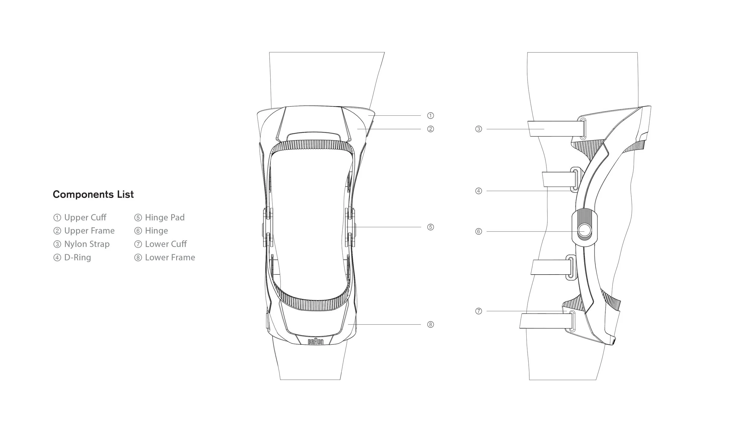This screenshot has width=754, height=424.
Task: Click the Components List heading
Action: point(93,194)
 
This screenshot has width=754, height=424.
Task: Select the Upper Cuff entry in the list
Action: point(80,217)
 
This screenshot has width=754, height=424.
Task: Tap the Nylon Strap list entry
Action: point(81,244)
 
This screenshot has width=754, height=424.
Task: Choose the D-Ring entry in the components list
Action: point(72,257)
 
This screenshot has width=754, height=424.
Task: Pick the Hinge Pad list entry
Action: point(160,217)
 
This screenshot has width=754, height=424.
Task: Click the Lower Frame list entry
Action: point(165,257)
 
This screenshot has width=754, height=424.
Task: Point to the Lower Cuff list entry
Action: point(160,244)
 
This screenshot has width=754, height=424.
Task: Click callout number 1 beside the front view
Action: point(430,115)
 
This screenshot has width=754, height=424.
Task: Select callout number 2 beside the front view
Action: point(430,129)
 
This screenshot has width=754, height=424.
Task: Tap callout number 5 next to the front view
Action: point(430,227)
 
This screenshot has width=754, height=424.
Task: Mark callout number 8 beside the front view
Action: point(430,325)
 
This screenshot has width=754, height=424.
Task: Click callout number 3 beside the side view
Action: point(479,129)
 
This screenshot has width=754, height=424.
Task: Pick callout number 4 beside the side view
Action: point(479,191)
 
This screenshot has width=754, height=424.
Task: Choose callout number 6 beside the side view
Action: point(479,231)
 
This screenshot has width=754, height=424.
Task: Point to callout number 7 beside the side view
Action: point(479,311)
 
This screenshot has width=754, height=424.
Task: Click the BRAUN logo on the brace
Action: point(316,341)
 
